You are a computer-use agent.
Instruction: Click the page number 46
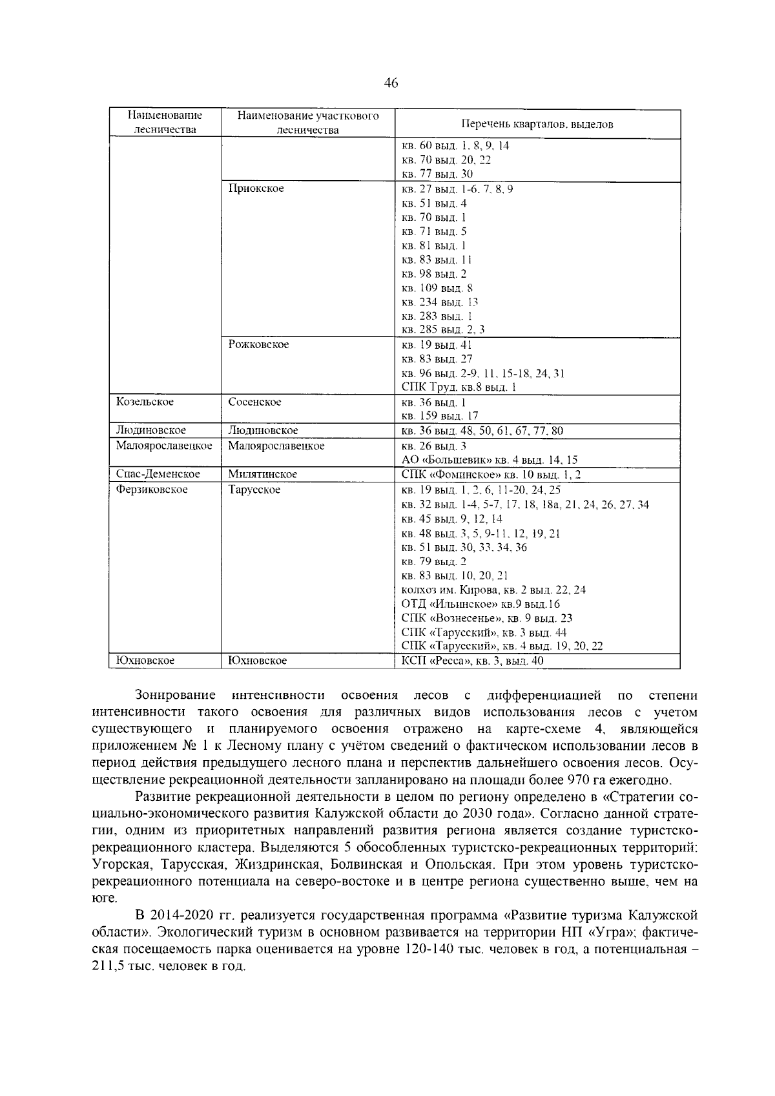click(391, 83)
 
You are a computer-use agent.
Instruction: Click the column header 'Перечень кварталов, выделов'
click(537, 125)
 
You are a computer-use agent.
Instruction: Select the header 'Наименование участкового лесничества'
click(307, 123)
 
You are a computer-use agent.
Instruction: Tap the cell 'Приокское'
click(256, 189)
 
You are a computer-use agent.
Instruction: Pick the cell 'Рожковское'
click(258, 345)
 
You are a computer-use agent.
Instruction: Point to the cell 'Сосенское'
click(254, 402)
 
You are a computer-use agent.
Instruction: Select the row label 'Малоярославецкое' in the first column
click(164, 446)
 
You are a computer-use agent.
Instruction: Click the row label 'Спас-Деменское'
click(158, 474)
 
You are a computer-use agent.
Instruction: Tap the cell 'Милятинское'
click(262, 474)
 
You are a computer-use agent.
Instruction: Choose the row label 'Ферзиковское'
click(152, 490)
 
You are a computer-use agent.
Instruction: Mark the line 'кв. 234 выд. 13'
click(440, 302)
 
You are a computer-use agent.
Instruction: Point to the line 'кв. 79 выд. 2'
click(434, 562)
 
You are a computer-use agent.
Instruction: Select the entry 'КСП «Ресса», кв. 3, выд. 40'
click(472, 661)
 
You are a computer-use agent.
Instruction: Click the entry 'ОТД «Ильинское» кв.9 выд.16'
click(480, 605)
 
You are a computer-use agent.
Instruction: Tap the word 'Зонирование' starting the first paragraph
click(175, 696)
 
